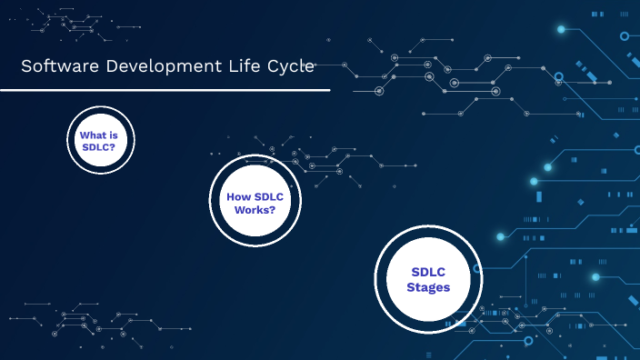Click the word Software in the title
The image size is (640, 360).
click(53, 65)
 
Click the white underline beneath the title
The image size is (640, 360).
click(164, 90)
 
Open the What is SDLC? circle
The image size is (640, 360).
click(100, 140)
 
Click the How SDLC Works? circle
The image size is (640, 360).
click(255, 202)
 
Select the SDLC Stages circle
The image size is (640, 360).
click(427, 279)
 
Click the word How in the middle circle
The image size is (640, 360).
click(237, 196)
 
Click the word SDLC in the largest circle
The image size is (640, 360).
click(427, 271)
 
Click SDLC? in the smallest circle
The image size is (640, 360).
click(100, 146)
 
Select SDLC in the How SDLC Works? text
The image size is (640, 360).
click(267, 196)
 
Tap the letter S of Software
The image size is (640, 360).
click(25, 65)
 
